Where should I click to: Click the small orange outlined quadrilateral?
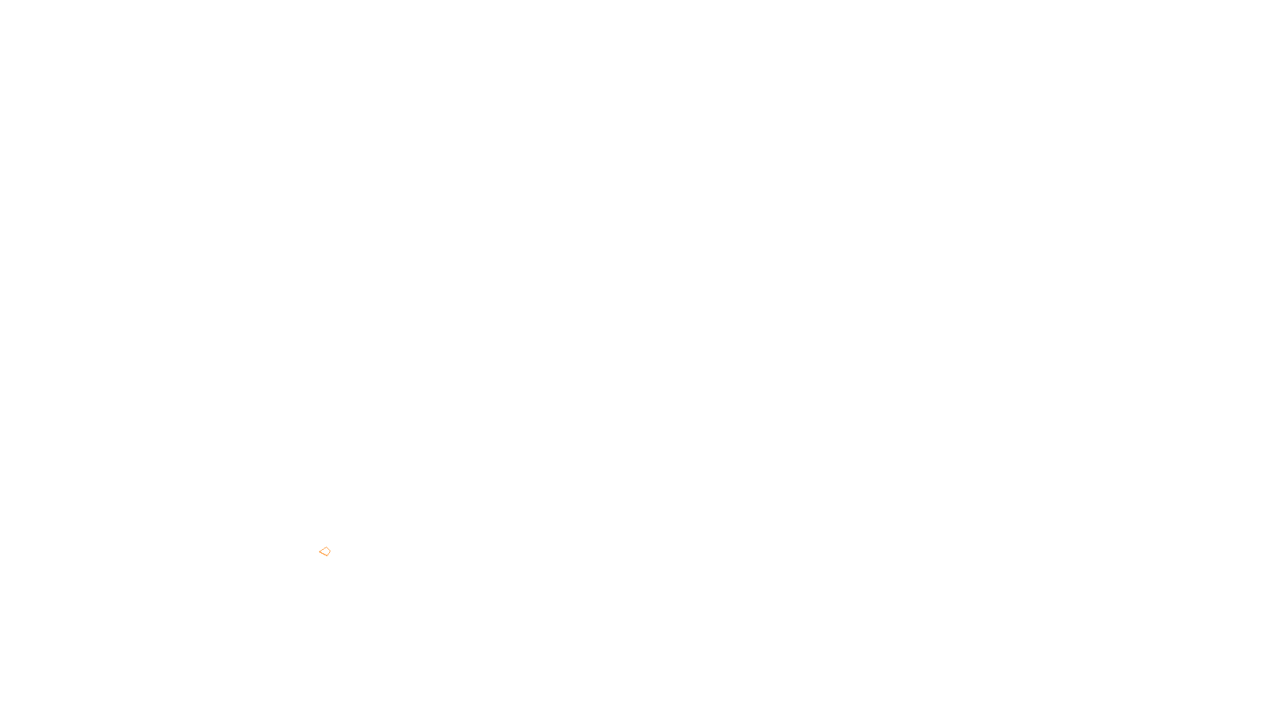pyautogui.click(x=324, y=551)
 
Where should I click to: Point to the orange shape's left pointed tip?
pyautogui.click(x=320, y=551)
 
